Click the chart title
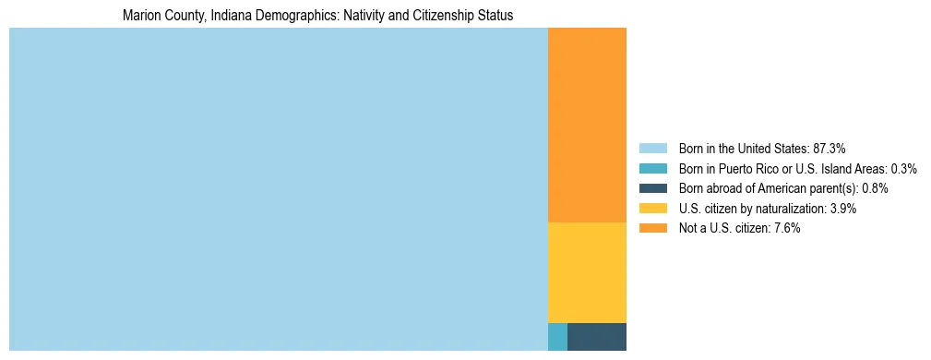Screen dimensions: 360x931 [x=317, y=16]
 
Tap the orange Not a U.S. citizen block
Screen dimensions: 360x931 [x=587, y=125]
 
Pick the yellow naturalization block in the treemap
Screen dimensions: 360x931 [x=587, y=272]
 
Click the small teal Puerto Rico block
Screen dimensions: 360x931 [x=557, y=337]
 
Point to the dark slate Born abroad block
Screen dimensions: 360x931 [x=597, y=337]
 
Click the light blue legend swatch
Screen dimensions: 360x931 [x=652, y=148]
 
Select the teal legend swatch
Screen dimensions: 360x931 [x=652, y=168]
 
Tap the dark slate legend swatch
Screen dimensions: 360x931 [x=652, y=188]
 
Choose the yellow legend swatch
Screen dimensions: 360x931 [x=652, y=209]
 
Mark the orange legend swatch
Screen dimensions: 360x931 [x=652, y=228]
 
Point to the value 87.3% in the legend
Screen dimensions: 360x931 [x=829, y=148]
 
